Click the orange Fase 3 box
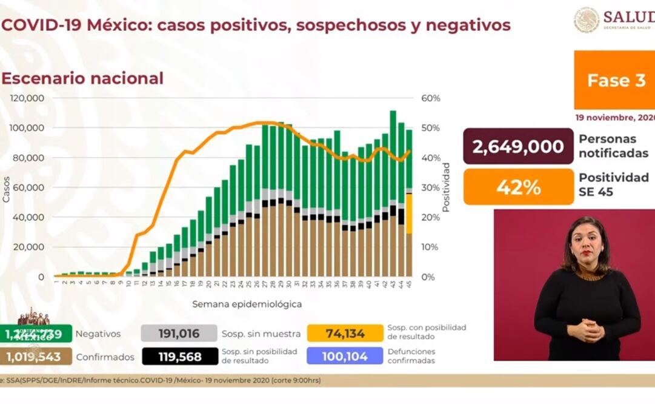pyautogui.click(x=614, y=80)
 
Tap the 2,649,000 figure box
pyautogui.click(x=518, y=146)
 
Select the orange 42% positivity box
pyautogui.click(x=518, y=187)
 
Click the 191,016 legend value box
pyautogui.click(x=179, y=333)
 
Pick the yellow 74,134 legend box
pyautogui.click(x=345, y=333)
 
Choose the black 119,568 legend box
pyautogui.click(x=180, y=357)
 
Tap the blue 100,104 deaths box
pyautogui.click(x=345, y=357)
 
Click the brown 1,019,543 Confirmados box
pyautogui.click(x=36, y=357)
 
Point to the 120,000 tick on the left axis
pyautogui.click(x=28, y=98)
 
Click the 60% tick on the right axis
pyautogui.click(x=431, y=98)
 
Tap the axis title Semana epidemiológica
pyautogui.click(x=247, y=304)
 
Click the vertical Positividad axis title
pyautogui.click(x=446, y=187)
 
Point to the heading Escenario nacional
pyautogui.click(x=82, y=78)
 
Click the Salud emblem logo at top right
pyautogui.click(x=587, y=19)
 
